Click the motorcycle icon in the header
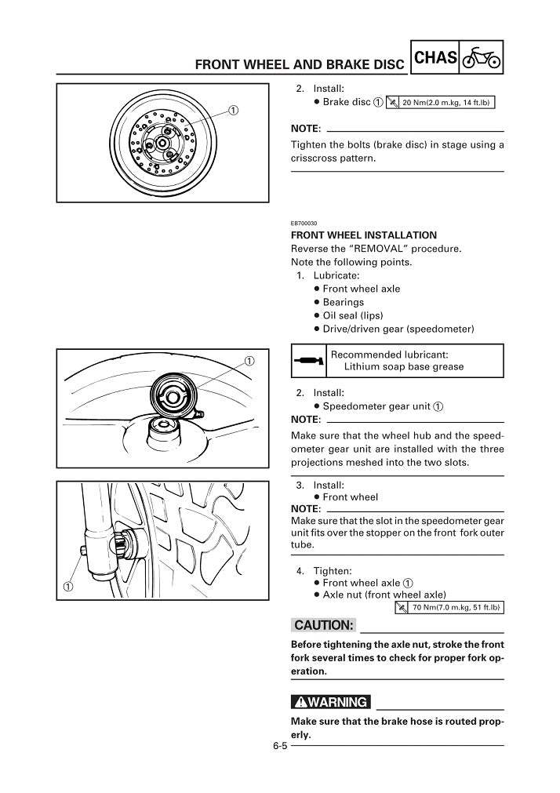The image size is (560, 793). (481, 57)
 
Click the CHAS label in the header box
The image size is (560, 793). (435, 57)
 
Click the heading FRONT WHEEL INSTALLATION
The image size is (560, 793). (364, 235)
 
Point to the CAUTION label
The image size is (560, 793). (323, 625)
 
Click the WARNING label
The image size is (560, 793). (329, 701)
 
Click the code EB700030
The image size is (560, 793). (305, 222)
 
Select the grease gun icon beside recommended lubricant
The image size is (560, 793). (306, 360)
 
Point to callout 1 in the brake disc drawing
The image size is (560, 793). (233, 109)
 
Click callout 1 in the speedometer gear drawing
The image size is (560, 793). (249, 361)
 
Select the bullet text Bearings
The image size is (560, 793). (343, 302)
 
